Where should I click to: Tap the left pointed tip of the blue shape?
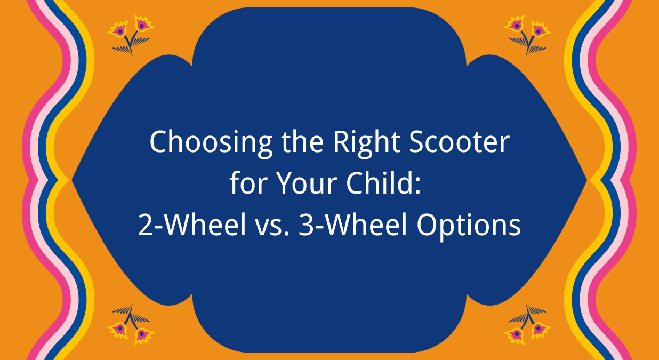[x=74, y=180]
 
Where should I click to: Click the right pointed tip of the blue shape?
[x=585, y=180]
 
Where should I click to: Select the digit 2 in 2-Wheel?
[x=145, y=226]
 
